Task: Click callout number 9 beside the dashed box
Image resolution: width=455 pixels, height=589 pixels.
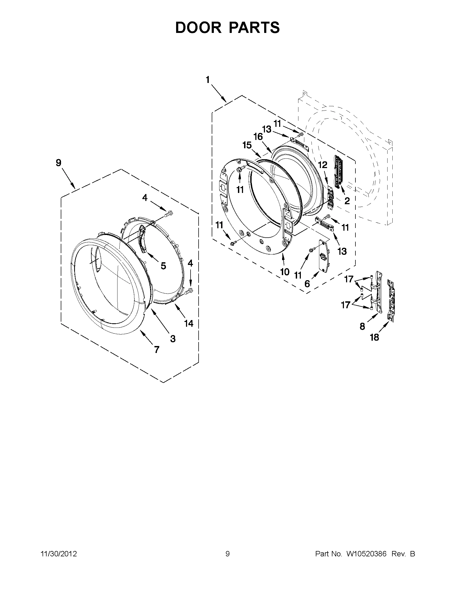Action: coord(59,163)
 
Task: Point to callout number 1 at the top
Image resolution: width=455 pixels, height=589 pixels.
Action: coord(208,80)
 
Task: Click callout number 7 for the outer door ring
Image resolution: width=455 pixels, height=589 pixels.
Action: coord(157,349)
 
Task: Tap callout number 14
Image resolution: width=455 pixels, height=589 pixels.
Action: coord(189,323)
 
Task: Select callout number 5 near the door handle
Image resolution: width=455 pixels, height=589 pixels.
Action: coord(163,266)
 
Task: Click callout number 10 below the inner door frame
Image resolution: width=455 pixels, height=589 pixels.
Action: coord(285,272)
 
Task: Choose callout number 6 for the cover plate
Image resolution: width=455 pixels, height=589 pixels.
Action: coord(307,284)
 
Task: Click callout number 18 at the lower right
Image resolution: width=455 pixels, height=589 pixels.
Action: coord(374,337)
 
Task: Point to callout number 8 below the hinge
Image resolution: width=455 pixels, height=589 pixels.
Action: coord(362,326)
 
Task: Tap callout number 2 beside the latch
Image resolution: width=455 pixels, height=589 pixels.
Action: coord(347,201)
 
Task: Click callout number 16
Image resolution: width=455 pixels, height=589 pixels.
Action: coord(258,137)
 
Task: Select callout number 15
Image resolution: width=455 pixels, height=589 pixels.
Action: coord(247,145)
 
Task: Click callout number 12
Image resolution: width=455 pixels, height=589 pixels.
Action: coord(323,165)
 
